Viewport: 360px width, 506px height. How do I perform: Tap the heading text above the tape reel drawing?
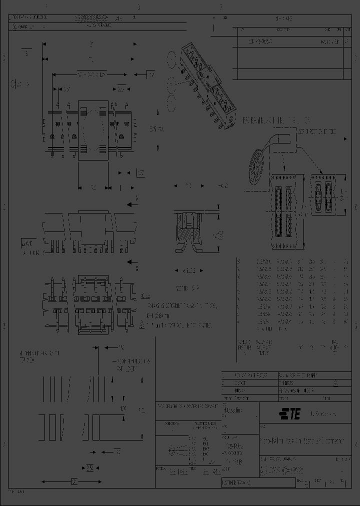coord(276,121)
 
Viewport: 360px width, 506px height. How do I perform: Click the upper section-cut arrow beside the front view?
coord(131,204)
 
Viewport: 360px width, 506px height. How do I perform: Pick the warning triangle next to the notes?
coord(142,324)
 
